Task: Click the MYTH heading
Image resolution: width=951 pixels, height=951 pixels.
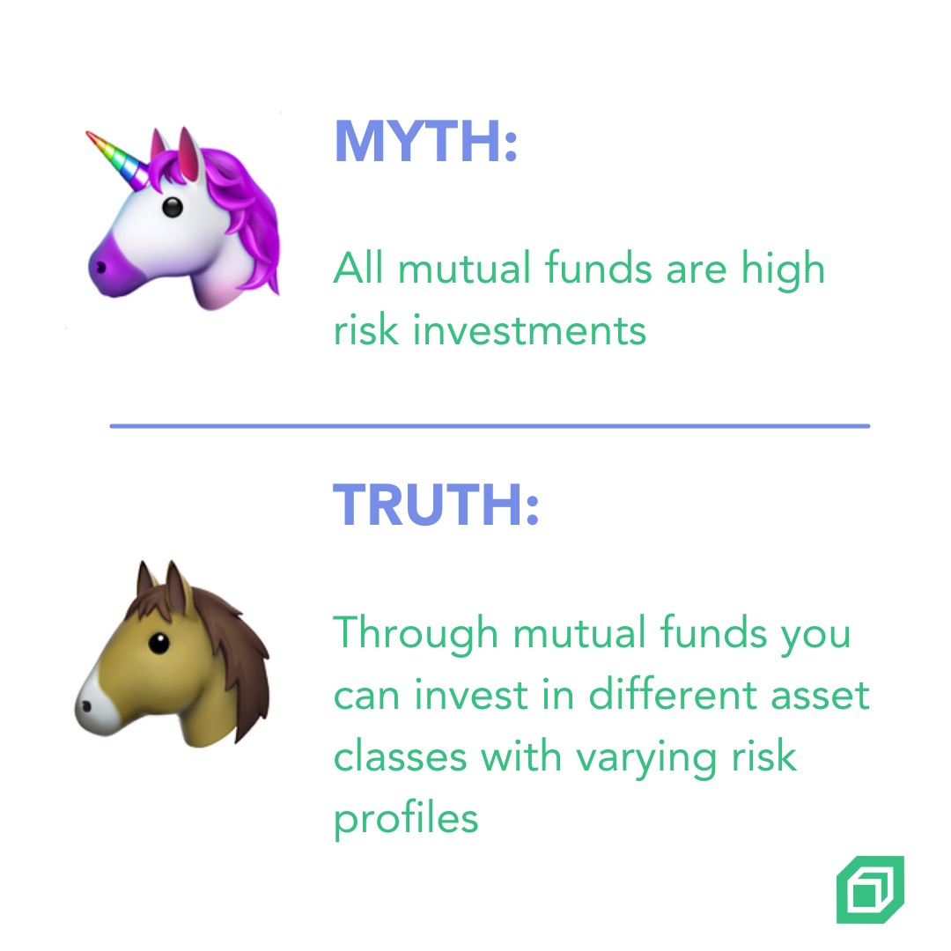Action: [426, 142]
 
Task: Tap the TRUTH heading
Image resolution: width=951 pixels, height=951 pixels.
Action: [436, 505]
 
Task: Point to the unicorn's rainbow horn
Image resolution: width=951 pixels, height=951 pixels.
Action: [117, 158]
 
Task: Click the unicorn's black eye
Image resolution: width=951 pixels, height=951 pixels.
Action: [173, 208]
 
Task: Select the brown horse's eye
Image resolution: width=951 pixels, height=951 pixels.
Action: [158, 643]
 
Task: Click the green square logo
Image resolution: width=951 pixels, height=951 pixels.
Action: [870, 889]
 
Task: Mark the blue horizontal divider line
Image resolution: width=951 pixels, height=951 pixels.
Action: [490, 426]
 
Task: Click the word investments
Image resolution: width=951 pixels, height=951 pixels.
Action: [529, 330]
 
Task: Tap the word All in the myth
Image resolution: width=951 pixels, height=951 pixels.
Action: [358, 268]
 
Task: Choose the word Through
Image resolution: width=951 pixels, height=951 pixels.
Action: [416, 634]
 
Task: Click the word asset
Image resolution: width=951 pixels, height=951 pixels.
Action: [821, 697]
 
